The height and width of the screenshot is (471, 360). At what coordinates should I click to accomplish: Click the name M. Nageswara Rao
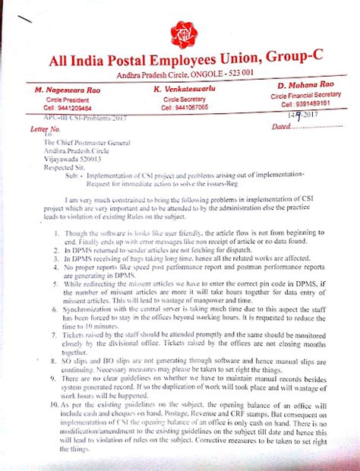click(x=69, y=90)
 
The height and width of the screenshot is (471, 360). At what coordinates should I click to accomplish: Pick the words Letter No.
click(x=44, y=129)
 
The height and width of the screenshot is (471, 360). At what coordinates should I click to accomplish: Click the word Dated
click(x=281, y=126)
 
